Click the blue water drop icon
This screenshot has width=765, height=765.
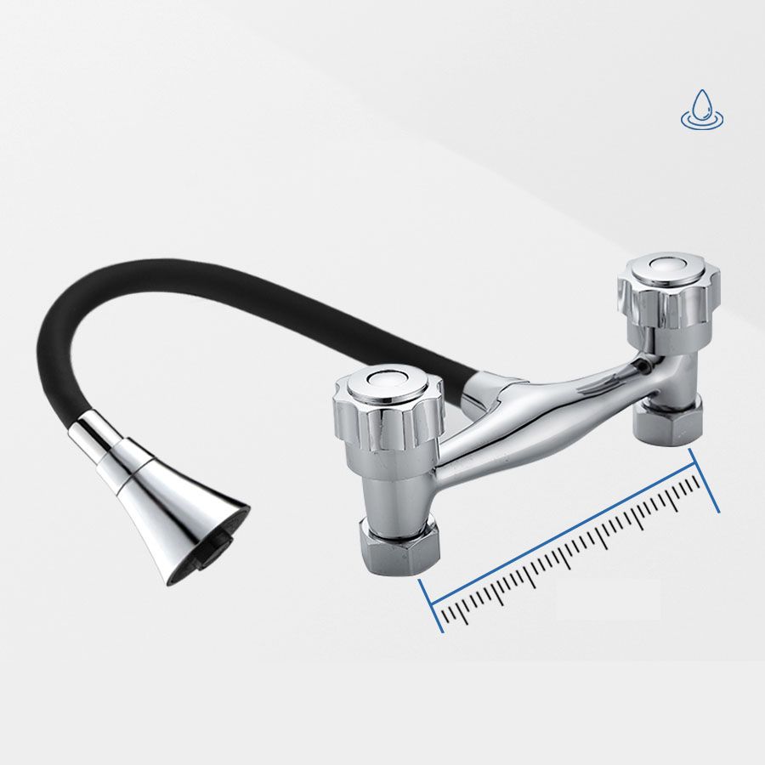click(x=701, y=110)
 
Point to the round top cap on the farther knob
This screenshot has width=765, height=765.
click(x=668, y=266)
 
